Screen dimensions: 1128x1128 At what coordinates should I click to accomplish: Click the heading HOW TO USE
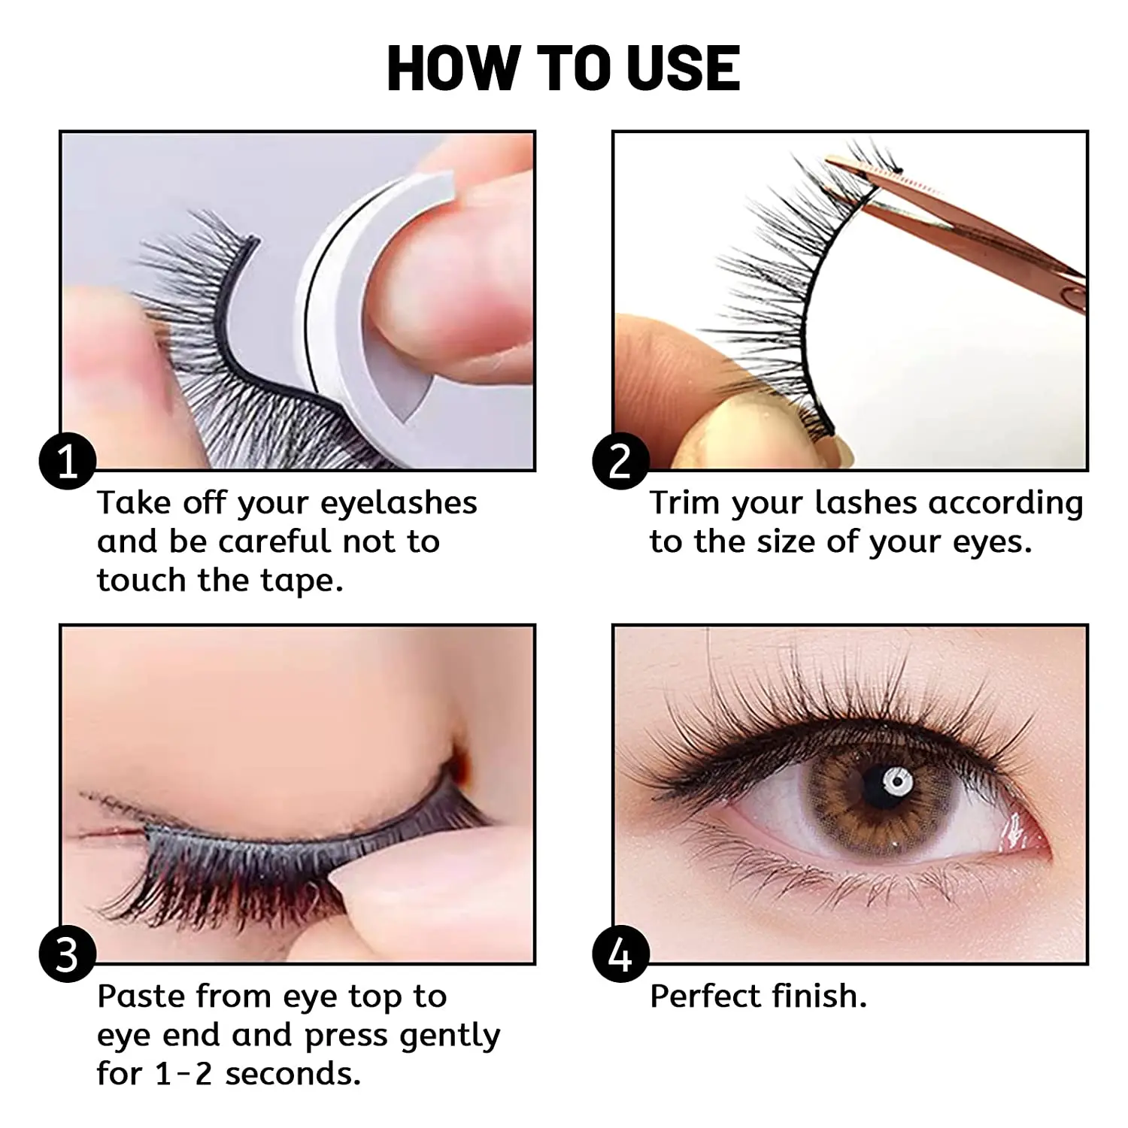pos(563,68)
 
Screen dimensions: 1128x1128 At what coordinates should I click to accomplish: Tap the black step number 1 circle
pos(68,460)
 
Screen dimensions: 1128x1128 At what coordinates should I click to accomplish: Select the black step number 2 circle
pos(620,460)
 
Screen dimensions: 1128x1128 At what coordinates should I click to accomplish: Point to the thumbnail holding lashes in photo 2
pos(722,429)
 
